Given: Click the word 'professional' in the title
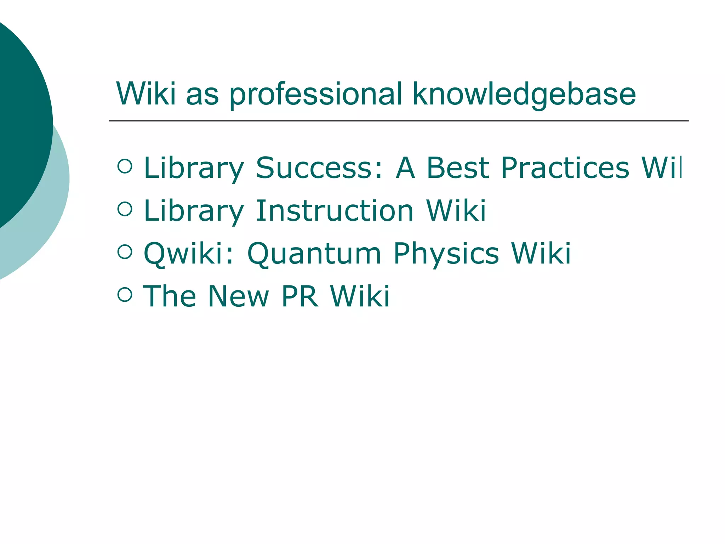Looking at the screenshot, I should pos(316,95).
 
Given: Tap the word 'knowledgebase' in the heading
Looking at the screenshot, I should pos(524,95).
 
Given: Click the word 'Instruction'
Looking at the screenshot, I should pos(335,211).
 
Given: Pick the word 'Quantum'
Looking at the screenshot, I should pos(314,254).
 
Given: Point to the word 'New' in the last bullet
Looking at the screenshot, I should pos(239,296).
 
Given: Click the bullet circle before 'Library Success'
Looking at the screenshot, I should pos(125,166).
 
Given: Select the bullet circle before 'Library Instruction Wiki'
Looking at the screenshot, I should pos(125,209).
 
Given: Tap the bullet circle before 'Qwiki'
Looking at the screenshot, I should pos(125,252).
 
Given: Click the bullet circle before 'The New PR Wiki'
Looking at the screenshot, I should pos(125,294).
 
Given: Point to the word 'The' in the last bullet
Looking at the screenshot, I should pos(169,296).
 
